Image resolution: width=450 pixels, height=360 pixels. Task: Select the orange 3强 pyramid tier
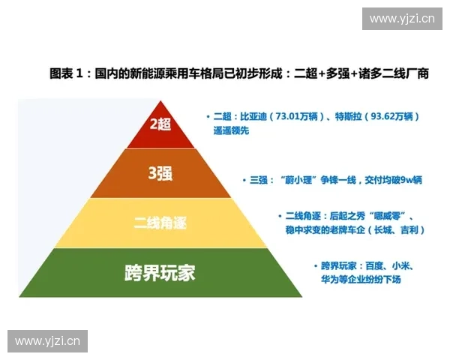pos(160,173)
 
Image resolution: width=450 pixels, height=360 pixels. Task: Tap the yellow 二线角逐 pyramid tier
pos(160,223)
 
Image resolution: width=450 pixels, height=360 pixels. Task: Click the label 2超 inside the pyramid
pos(160,124)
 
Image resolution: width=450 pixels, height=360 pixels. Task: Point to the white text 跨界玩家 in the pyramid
pos(160,272)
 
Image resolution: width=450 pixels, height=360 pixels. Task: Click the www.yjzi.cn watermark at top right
pos(402,18)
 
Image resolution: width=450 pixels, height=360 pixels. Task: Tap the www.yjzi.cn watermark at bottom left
pos(47,341)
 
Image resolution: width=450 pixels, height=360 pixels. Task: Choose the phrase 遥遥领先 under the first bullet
pos(232,130)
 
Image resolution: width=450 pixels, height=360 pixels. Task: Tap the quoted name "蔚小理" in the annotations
pos(290,180)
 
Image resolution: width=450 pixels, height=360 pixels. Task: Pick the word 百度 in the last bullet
pos(376,266)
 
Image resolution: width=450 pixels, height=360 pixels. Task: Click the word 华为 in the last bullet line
pos(331,279)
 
